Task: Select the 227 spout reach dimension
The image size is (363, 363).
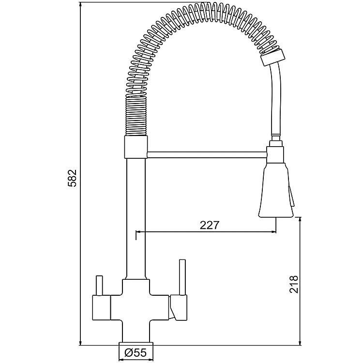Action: (x=209, y=225)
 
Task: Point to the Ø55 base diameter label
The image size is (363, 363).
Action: (x=136, y=354)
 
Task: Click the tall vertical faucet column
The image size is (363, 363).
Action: (x=136, y=218)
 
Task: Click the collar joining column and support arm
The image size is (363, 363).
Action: (x=136, y=147)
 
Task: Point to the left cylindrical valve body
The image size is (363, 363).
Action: (x=102, y=308)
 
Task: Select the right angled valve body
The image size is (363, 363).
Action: (x=178, y=309)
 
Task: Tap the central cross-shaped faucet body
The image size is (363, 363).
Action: (x=136, y=308)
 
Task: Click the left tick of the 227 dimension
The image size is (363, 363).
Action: (x=137, y=235)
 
